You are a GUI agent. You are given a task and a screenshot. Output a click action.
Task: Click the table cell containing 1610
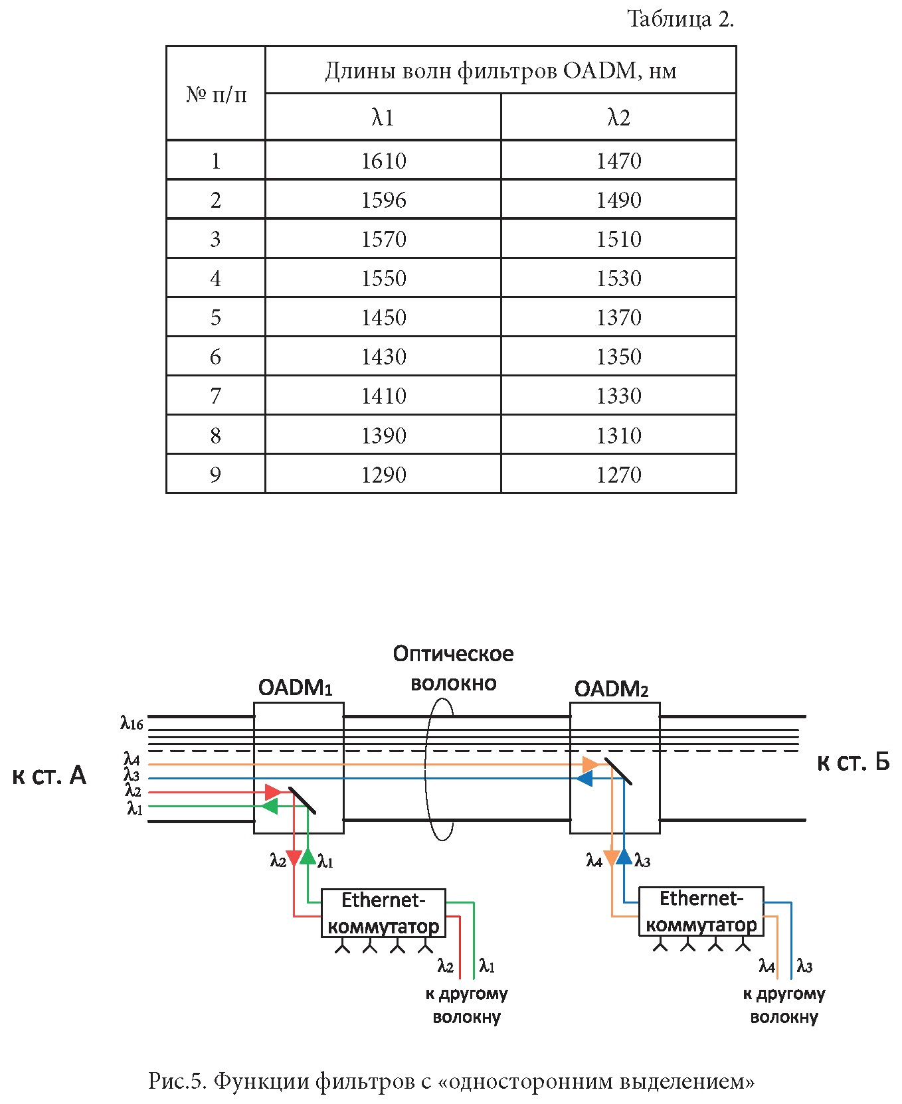pyautogui.click(x=383, y=161)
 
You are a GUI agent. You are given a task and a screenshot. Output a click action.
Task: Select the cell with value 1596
pyautogui.click(x=383, y=200)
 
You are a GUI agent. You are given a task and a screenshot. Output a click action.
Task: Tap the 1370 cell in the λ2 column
pyautogui.click(x=618, y=317)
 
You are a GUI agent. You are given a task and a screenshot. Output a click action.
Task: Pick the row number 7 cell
pyautogui.click(x=215, y=396)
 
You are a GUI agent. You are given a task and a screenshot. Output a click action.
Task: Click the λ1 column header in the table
pyautogui.click(x=383, y=118)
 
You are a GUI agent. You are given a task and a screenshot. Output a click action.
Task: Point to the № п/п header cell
pyautogui.click(x=216, y=94)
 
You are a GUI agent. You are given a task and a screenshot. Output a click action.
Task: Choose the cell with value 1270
pyautogui.click(x=618, y=475)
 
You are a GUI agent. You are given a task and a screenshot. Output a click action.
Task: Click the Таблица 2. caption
pyautogui.click(x=680, y=19)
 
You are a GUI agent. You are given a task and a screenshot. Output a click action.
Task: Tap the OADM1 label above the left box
pyautogui.click(x=295, y=688)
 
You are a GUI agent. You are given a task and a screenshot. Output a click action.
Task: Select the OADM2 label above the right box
pyautogui.click(x=611, y=689)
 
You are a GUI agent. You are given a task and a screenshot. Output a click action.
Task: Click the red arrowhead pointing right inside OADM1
pyautogui.click(x=273, y=792)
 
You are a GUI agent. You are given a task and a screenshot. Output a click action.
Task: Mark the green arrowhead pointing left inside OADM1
pyautogui.click(x=269, y=807)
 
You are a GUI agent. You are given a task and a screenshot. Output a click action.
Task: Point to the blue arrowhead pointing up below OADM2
pyautogui.click(x=624, y=856)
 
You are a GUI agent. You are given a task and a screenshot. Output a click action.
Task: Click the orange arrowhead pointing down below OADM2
pyautogui.click(x=611, y=858)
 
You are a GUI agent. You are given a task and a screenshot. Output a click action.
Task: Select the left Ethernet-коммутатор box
pyautogui.click(x=383, y=913)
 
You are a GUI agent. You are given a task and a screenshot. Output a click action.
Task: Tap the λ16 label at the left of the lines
pyautogui.click(x=132, y=723)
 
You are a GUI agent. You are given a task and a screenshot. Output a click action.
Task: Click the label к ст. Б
pyautogui.click(x=853, y=763)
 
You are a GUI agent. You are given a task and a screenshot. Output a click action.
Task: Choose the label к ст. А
pyautogui.click(x=49, y=775)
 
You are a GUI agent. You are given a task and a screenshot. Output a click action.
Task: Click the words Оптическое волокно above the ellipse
pyautogui.click(x=453, y=668)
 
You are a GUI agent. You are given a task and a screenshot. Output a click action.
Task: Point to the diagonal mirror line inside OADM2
pyautogui.click(x=618, y=771)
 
